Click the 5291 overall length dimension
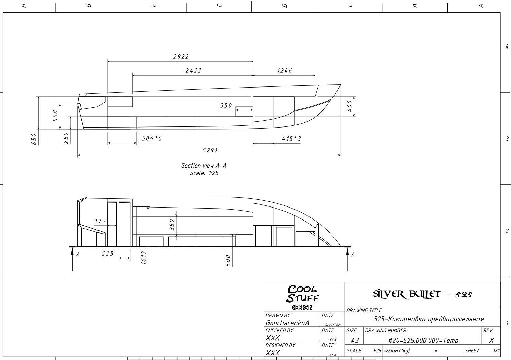(210, 150)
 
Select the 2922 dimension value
(181, 56)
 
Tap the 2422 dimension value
(194, 71)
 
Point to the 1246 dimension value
(285, 71)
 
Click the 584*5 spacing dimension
(152, 138)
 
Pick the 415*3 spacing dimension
(291, 138)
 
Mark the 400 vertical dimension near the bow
(349, 106)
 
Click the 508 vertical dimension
(55, 116)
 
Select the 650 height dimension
(34, 139)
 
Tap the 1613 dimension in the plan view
(144, 258)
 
